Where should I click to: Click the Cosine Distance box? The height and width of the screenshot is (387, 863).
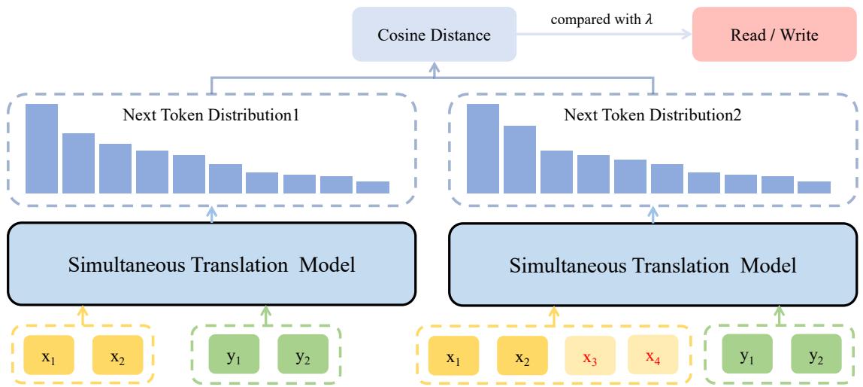tap(435, 34)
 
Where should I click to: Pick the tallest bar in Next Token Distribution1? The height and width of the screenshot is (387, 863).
tap(41, 148)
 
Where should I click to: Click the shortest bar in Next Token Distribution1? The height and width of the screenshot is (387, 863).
tap(373, 187)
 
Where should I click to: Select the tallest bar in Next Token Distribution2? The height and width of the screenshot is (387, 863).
tap(483, 148)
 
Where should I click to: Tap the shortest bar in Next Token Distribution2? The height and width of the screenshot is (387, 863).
tap(814, 187)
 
